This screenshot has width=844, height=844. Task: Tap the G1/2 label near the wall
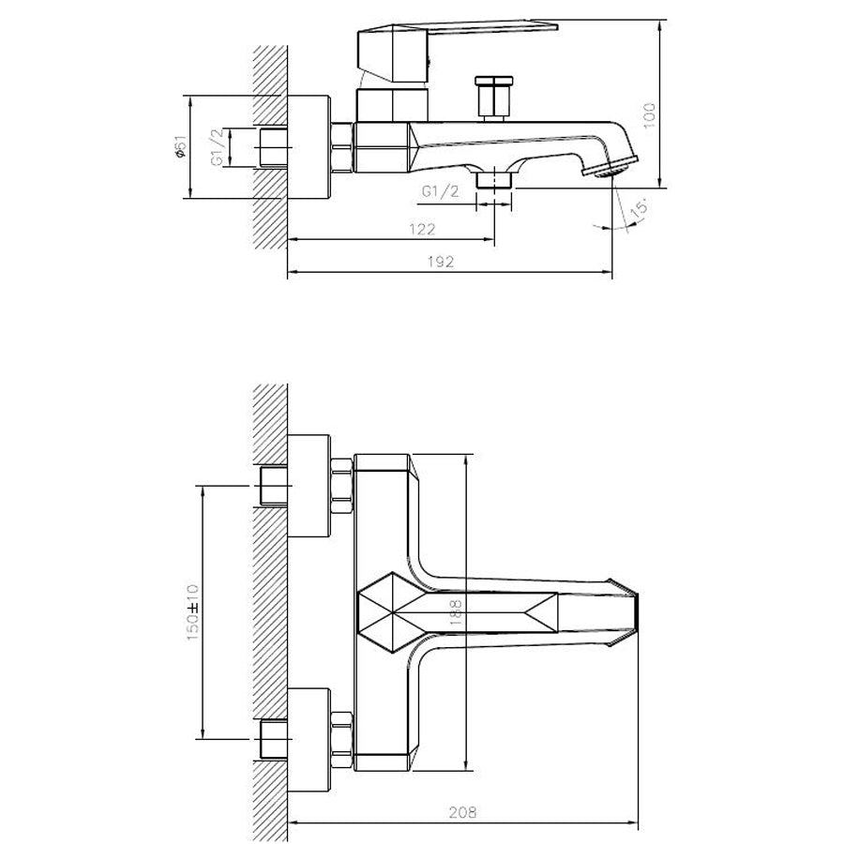click(x=217, y=148)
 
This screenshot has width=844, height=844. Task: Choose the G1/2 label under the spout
click(x=440, y=191)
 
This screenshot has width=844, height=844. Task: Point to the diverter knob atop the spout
click(x=492, y=98)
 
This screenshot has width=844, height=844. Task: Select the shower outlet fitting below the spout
click(x=494, y=178)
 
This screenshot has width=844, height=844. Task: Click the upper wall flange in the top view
click(x=309, y=486)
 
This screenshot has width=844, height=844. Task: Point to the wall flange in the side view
click(x=309, y=147)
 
